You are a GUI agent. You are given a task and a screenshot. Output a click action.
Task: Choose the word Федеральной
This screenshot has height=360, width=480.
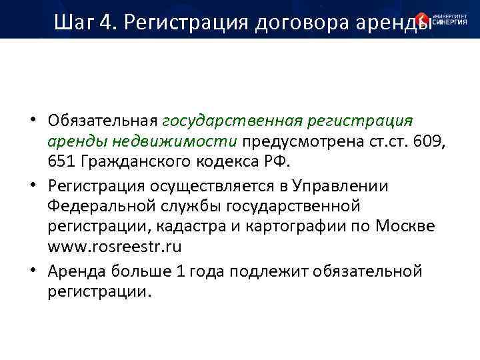(x=91, y=206)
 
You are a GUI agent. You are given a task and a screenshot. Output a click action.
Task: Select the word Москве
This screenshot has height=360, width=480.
(x=403, y=225)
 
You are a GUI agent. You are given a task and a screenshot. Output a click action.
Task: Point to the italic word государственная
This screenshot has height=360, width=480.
(x=231, y=121)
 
